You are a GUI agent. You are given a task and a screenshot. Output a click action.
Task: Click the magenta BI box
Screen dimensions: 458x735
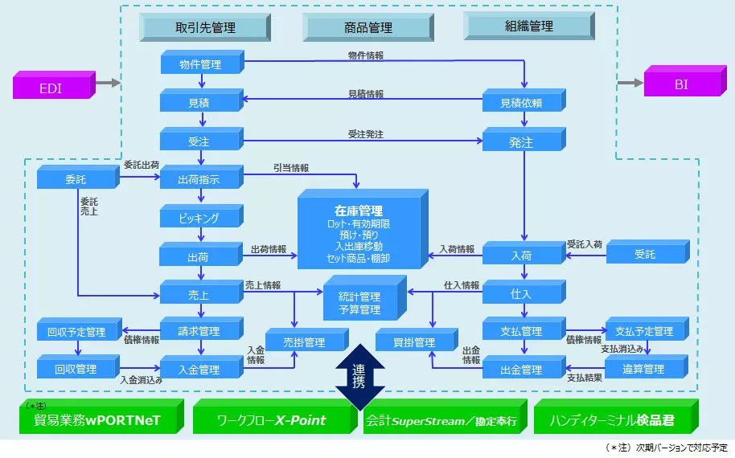pyautogui.click(x=682, y=84)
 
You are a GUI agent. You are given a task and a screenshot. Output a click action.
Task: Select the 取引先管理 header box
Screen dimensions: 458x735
pyautogui.click(x=205, y=28)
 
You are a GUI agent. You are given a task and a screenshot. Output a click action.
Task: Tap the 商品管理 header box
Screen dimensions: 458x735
pyautogui.click(x=369, y=28)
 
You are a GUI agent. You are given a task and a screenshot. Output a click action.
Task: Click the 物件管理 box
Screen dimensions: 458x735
pyautogui.click(x=200, y=64)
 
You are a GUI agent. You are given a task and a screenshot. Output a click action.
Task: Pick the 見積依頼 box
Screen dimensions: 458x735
pyautogui.click(x=521, y=103)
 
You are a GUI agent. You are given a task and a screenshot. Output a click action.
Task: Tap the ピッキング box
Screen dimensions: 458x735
pyautogui.click(x=199, y=219)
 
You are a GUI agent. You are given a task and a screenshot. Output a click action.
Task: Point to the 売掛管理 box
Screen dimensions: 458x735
pyautogui.click(x=304, y=343)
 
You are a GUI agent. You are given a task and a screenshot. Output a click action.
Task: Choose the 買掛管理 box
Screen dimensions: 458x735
pyautogui.click(x=413, y=343)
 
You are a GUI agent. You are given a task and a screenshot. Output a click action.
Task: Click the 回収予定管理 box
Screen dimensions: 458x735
pyautogui.click(x=76, y=332)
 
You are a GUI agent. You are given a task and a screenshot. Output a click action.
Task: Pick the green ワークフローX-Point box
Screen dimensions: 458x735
pyautogui.click(x=274, y=419)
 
